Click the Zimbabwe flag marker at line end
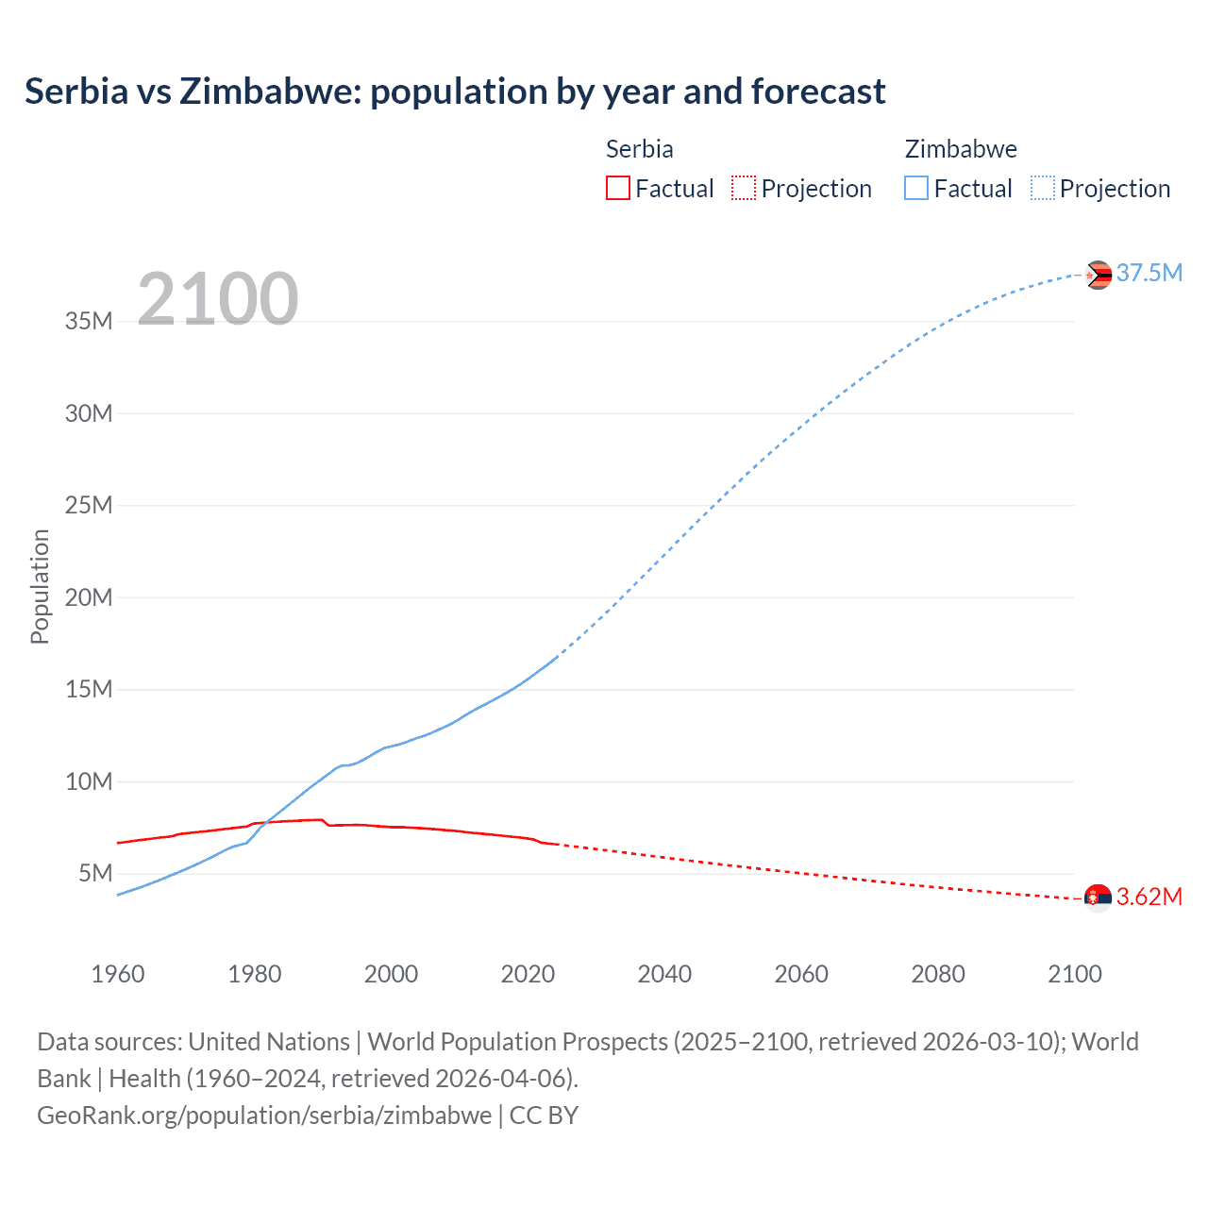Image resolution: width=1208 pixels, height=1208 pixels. [1098, 275]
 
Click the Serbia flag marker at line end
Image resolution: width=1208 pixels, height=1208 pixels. [1098, 898]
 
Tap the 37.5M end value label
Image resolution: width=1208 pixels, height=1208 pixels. [1149, 274]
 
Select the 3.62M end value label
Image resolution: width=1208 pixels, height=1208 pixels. [1149, 897]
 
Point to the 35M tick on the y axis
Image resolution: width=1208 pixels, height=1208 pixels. [89, 321]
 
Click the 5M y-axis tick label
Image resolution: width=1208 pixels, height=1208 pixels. [95, 873]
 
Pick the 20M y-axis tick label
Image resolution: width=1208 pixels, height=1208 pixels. [89, 597]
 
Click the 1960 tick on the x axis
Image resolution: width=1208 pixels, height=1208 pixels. [118, 974]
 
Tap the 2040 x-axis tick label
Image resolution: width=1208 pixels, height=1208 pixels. [664, 974]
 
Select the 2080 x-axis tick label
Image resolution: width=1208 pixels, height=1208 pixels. [938, 974]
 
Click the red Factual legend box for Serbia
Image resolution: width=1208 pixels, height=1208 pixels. [618, 189]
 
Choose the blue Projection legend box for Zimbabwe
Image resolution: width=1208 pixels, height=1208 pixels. [1043, 189]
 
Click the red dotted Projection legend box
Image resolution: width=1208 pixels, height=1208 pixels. [744, 189]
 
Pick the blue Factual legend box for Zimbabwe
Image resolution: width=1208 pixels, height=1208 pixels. [916, 189]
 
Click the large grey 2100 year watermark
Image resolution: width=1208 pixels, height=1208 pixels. [218, 299]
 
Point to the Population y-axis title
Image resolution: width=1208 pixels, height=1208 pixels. [40, 587]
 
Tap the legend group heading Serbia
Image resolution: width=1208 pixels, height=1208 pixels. [639, 149]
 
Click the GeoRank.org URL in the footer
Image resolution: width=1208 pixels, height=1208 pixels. [264, 1116]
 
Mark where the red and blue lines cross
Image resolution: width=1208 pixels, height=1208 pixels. [265, 822]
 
